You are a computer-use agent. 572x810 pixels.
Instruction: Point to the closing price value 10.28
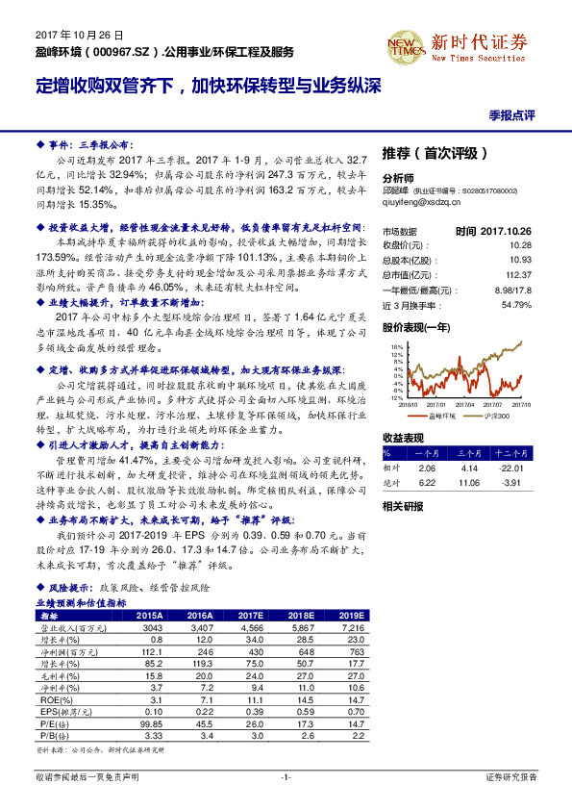click(x=520, y=245)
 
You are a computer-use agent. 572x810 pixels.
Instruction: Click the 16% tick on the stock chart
click(x=395, y=346)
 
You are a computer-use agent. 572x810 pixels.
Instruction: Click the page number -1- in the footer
click(x=286, y=775)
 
